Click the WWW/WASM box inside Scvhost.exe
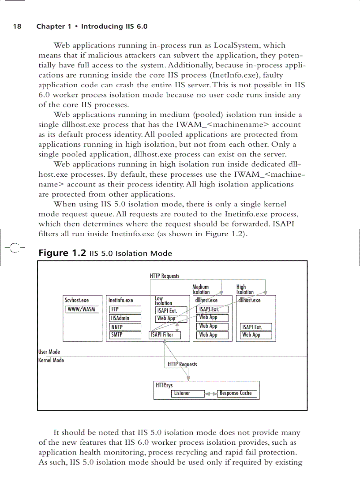click(82, 309)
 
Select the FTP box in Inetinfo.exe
click(125, 309)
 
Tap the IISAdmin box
click(125, 318)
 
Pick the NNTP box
click(125, 327)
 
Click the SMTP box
click(125, 335)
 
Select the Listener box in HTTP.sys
click(187, 393)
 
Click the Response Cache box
click(237, 393)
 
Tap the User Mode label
click(49, 352)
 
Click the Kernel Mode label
click(51, 361)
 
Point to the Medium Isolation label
click(201, 290)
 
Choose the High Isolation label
click(245, 290)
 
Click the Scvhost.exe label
click(77, 301)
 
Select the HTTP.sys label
click(164, 385)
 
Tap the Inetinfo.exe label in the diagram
click(121, 301)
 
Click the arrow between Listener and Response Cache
click(211, 394)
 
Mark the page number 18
click(17, 26)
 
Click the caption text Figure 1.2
click(62, 253)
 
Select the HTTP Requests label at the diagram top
click(165, 276)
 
